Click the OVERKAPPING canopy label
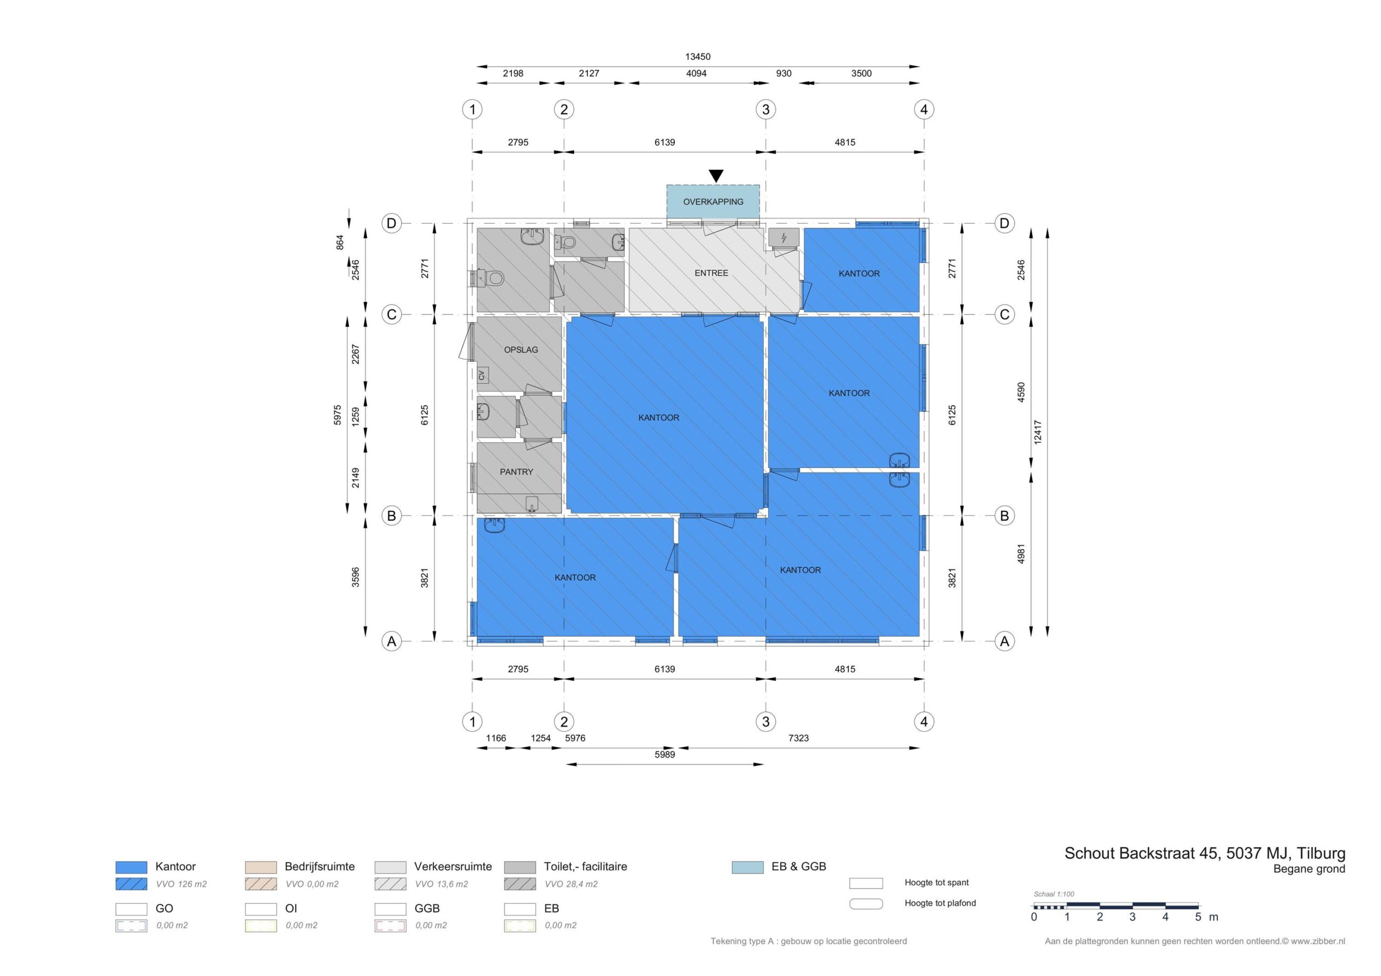click(x=713, y=202)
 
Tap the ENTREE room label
click(x=711, y=273)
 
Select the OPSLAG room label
click(x=521, y=350)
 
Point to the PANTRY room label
click(x=516, y=472)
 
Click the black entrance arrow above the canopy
click(x=716, y=176)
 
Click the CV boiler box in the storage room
click(x=482, y=375)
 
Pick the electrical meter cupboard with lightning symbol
click(x=784, y=238)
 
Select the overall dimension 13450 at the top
click(x=698, y=57)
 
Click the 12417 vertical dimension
click(x=1037, y=432)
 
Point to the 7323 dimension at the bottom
click(x=798, y=738)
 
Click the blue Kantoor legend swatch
click(x=131, y=867)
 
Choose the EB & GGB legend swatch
click(x=748, y=867)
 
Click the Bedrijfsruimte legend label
click(x=319, y=867)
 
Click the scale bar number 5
click(x=1198, y=917)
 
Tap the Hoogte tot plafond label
click(x=940, y=903)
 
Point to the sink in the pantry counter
click(x=532, y=504)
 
